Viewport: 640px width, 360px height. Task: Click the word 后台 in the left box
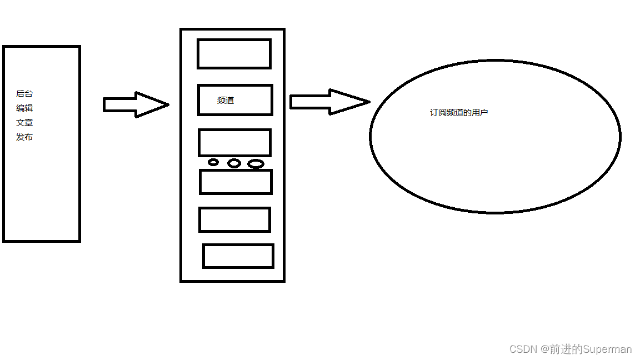(x=24, y=94)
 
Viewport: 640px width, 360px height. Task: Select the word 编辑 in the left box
(x=24, y=108)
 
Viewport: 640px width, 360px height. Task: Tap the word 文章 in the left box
(x=24, y=123)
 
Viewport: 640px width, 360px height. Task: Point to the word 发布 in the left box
(x=24, y=137)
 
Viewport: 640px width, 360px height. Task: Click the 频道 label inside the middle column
(x=226, y=101)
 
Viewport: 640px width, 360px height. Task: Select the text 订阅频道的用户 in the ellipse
(x=459, y=113)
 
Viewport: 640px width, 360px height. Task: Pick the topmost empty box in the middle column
(x=234, y=54)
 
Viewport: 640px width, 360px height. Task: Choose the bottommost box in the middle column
(x=238, y=256)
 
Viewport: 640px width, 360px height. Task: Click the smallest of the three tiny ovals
(x=213, y=162)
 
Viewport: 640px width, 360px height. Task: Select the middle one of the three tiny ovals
(x=234, y=163)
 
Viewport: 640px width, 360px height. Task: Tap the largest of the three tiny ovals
(x=256, y=164)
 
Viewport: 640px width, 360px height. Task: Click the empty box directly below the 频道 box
(x=234, y=143)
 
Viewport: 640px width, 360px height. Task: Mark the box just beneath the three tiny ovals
(x=236, y=182)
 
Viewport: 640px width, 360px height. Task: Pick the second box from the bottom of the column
(x=234, y=219)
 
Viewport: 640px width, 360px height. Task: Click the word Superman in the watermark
(x=607, y=349)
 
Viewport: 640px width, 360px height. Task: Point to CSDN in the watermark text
(x=522, y=349)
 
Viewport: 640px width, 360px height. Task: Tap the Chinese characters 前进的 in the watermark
(x=566, y=349)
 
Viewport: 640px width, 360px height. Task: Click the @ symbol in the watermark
(x=542, y=349)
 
